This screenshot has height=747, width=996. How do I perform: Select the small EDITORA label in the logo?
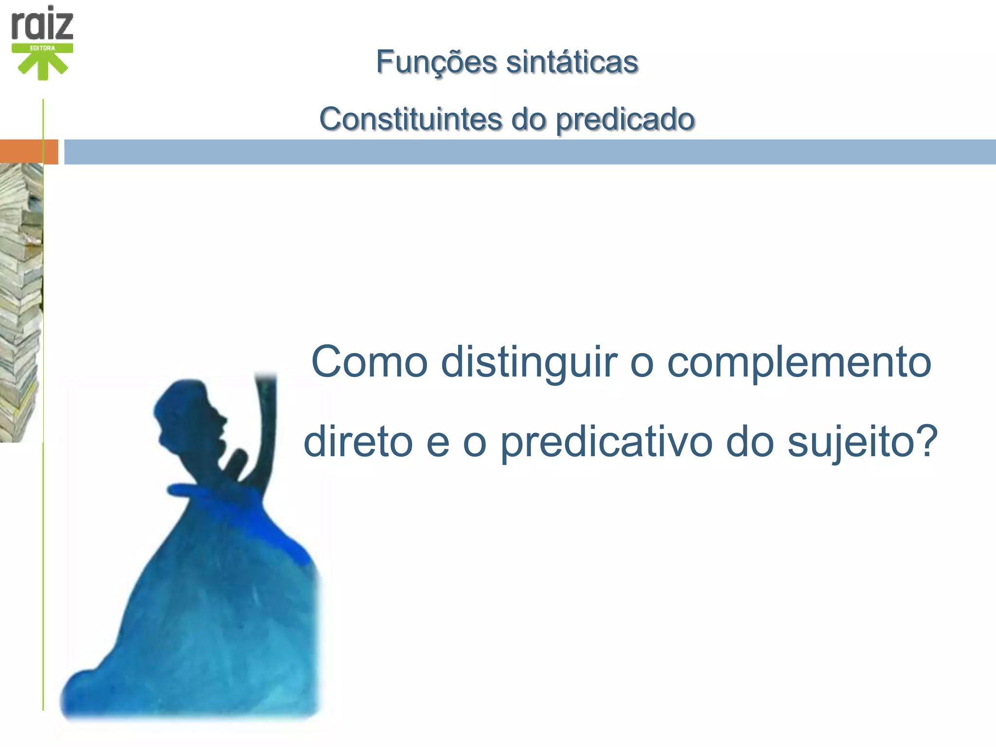43,48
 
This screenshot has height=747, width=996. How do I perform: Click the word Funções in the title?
436,62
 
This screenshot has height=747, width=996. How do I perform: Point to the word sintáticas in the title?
572,62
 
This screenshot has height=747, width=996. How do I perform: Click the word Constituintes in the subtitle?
410,119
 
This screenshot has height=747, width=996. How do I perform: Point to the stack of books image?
20,302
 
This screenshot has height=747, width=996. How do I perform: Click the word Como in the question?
369,362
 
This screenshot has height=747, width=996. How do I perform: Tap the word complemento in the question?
799,362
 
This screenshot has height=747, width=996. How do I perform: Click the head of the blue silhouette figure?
187,413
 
